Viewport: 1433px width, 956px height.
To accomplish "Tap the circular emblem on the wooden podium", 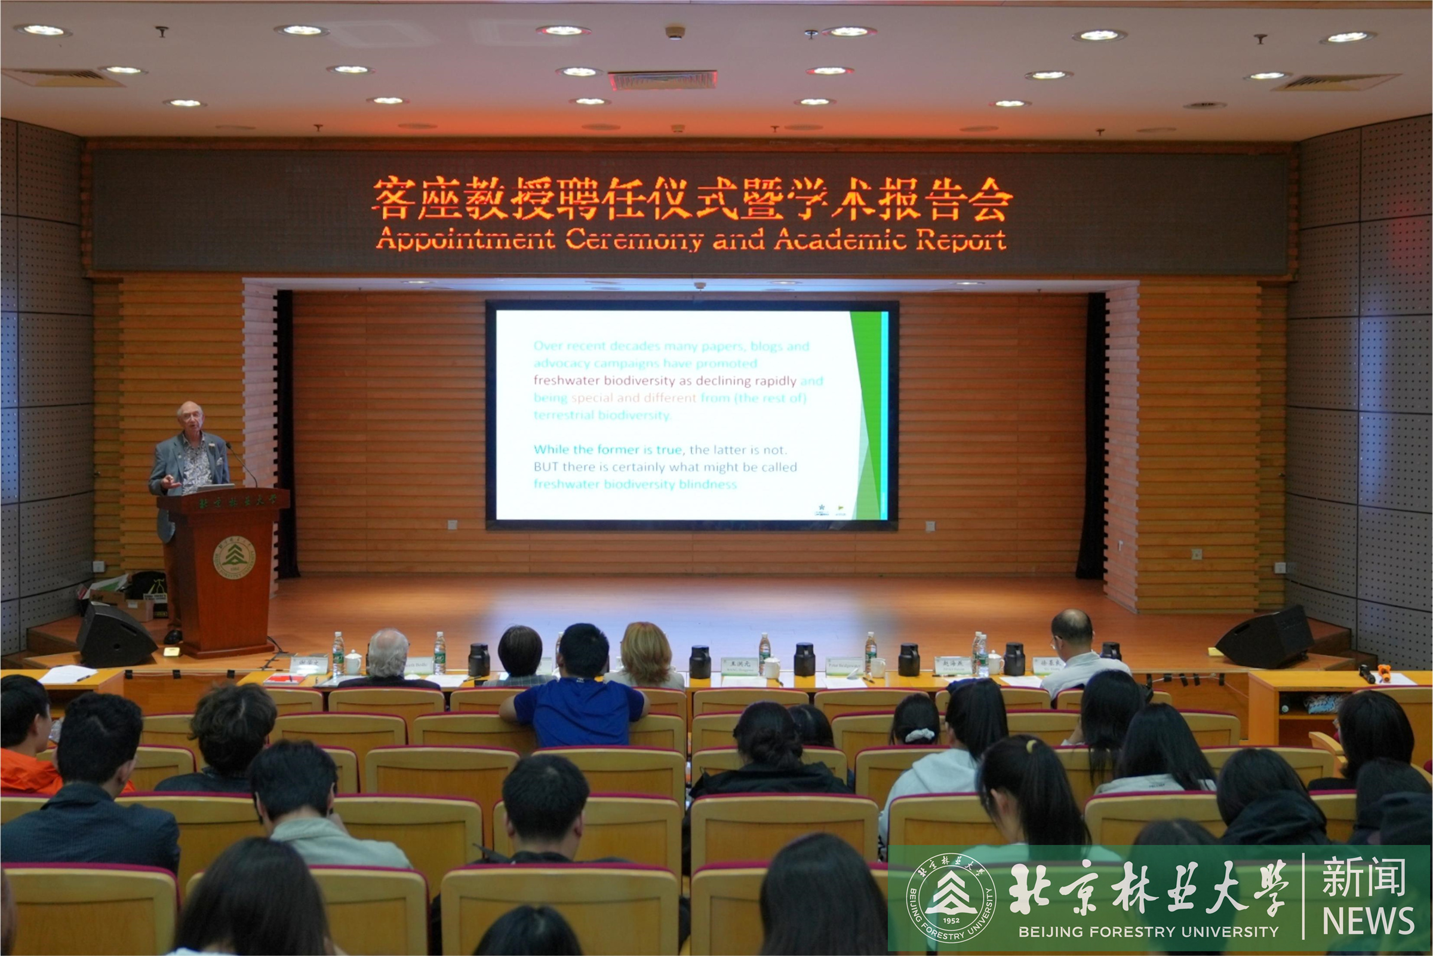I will click(233, 557).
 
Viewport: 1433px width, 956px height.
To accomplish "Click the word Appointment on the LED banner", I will click(466, 240).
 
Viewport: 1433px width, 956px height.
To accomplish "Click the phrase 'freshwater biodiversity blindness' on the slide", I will click(635, 485).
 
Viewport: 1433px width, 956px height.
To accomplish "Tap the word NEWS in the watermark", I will click(1368, 921).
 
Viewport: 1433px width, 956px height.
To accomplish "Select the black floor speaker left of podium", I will click(115, 634).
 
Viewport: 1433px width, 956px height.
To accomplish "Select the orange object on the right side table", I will click(1384, 671).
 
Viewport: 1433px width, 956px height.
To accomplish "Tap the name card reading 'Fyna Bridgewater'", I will click(844, 666).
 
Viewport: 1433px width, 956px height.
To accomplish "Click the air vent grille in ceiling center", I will click(663, 80).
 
